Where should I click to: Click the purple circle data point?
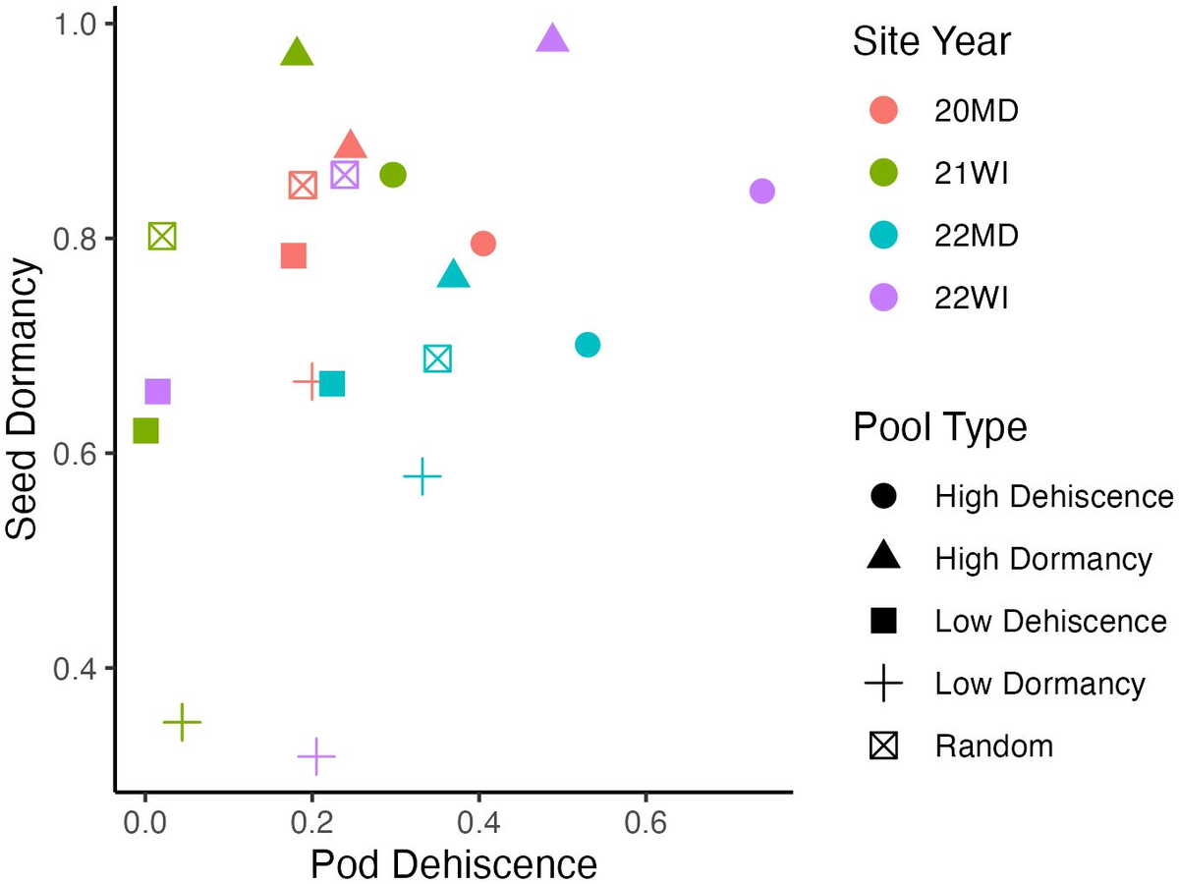[762, 191]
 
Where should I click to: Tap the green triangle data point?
[297, 54]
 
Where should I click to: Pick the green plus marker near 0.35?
[182, 722]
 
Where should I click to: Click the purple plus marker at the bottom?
[315, 756]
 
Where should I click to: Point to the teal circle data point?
[588, 345]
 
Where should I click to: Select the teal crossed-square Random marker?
[437, 359]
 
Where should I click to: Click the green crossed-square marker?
[162, 237]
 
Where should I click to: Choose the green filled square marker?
[145, 431]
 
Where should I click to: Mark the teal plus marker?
[421, 476]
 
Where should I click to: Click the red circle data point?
[482, 243]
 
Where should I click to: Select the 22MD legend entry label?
[976, 236]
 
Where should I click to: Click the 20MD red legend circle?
[884, 111]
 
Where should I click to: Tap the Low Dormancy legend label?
[1039, 684]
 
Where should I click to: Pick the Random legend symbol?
[884, 746]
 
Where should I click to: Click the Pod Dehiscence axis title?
[453, 863]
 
